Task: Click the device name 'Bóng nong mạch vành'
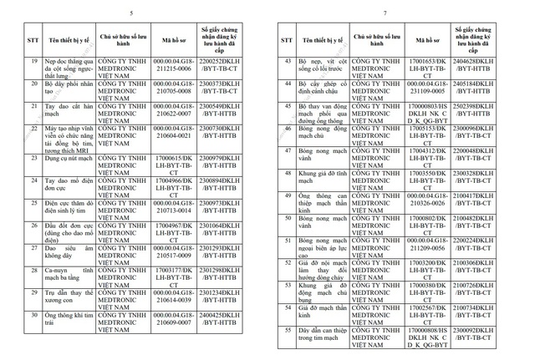pyautogui.click(x=320, y=155)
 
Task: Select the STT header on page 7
pyautogui.click(x=286, y=39)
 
